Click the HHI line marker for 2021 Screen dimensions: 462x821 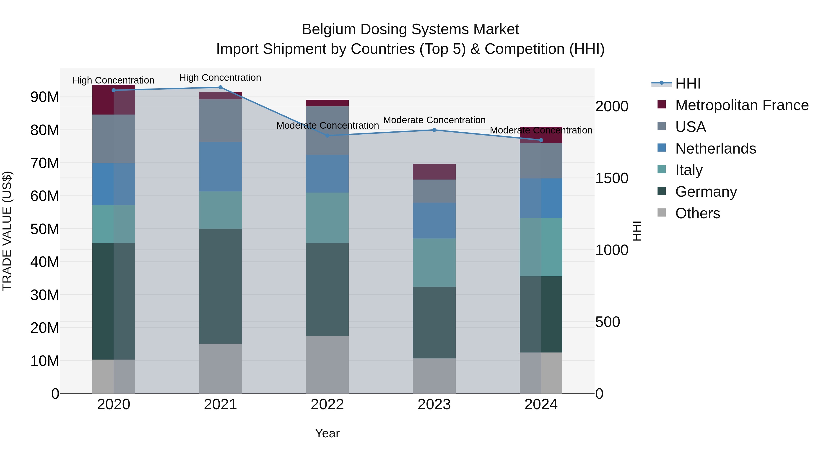(220, 87)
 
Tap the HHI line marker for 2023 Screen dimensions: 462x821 (434, 130)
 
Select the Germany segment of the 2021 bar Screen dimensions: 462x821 (220, 286)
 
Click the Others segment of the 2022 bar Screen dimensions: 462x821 (327, 364)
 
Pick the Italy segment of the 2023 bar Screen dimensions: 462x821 (434, 262)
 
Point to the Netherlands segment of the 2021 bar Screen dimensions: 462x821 (220, 167)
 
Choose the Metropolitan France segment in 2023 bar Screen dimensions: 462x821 (434, 172)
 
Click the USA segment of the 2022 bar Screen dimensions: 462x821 (327, 131)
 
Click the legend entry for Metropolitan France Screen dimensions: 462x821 (741, 105)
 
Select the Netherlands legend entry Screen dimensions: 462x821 (715, 149)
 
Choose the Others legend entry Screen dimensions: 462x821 (697, 213)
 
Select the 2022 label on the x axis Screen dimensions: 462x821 (327, 405)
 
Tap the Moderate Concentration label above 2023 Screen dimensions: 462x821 (434, 120)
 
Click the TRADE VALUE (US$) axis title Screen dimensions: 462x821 (7, 231)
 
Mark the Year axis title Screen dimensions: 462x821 (327, 433)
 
